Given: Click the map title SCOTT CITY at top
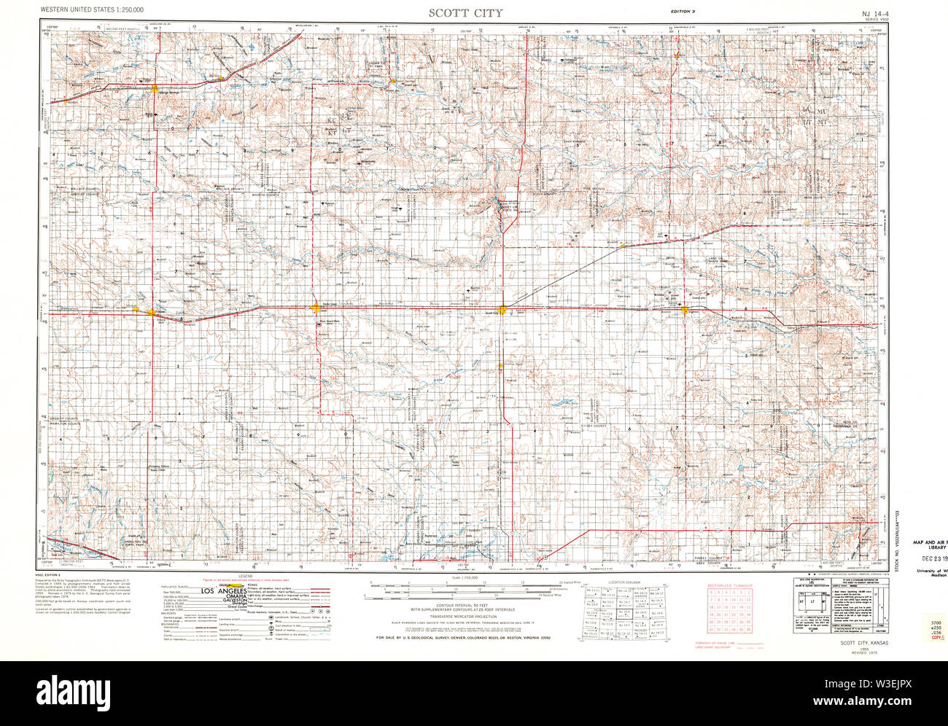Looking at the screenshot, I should [x=465, y=12].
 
